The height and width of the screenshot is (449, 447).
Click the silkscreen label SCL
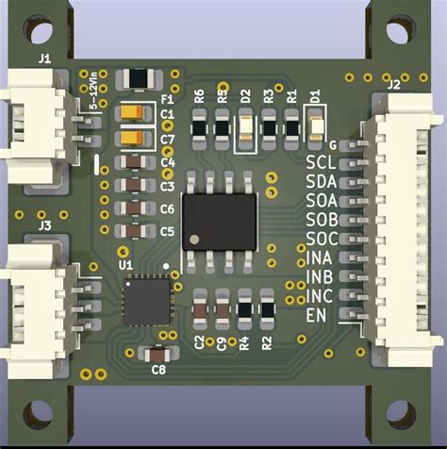pos(322,163)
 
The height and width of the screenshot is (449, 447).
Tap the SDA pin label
pos(322,181)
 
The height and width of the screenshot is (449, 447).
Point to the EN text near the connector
pos(317,314)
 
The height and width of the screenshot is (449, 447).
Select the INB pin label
pos(321,276)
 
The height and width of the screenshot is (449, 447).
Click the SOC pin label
pos(322,238)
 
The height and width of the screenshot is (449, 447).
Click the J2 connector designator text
pos(393,85)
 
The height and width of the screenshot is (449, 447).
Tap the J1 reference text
pos(44,58)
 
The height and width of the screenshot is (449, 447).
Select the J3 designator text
pos(43,225)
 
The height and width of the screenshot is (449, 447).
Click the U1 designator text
pos(125,266)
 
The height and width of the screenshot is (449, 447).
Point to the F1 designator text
pos(167,98)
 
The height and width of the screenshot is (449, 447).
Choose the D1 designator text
pos(316,94)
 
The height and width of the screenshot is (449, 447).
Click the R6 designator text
pos(199,95)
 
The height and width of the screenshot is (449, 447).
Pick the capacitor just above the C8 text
pos(157,354)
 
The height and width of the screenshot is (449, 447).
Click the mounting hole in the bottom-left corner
pos(38,411)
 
